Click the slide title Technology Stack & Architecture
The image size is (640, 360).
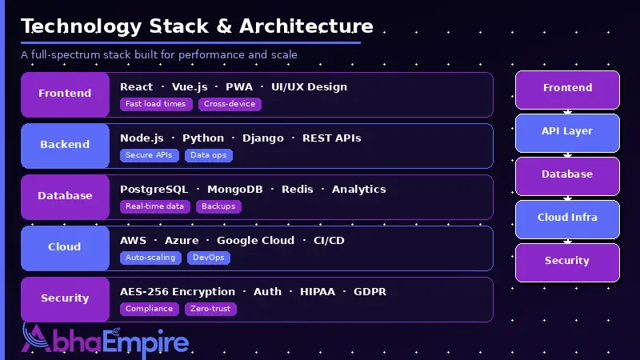coord(197,26)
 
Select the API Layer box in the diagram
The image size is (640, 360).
coord(567,132)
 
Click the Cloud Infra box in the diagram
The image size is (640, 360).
coord(567,218)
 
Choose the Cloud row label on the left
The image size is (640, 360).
coord(65,247)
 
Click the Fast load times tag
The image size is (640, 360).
coord(156,104)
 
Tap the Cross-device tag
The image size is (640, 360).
coord(230,104)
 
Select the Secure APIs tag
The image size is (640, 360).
coord(150,155)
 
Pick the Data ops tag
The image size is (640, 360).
coord(209,155)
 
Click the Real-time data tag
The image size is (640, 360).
coord(155,206)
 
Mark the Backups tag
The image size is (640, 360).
coord(218,206)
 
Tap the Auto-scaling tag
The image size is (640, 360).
coord(150,258)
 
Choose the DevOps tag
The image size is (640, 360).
coord(209,258)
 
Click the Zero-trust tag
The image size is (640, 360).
coord(210,309)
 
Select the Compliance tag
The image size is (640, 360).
coord(150,309)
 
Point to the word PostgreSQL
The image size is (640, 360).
coord(154,190)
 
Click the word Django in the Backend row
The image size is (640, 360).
coord(262,138)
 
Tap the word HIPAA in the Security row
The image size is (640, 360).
coord(318,292)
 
